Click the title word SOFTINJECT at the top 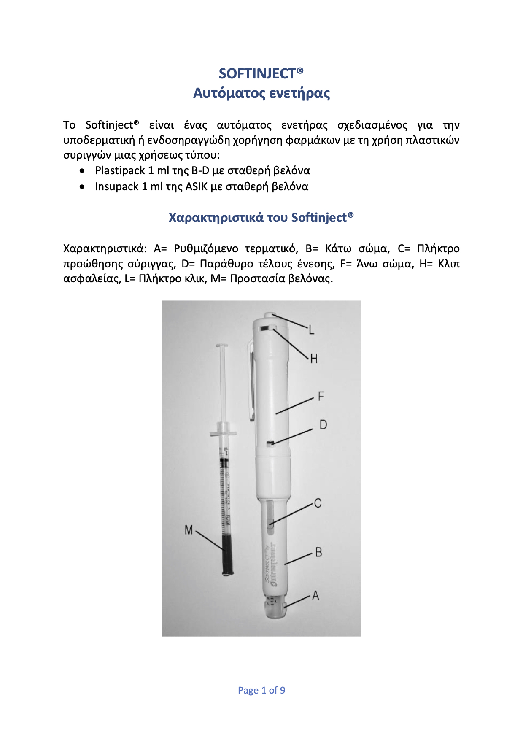point(257,74)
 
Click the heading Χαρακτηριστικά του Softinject point(261,218)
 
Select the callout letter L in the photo point(311,329)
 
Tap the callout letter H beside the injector point(314,359)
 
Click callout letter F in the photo point(321,396)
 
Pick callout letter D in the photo point(323,424)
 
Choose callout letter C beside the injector point(318,503)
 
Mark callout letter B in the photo point(318,552)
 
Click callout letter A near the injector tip point(315,596)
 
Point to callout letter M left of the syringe point(189,530)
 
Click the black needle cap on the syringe point(228,555)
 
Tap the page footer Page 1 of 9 point(261,690)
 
